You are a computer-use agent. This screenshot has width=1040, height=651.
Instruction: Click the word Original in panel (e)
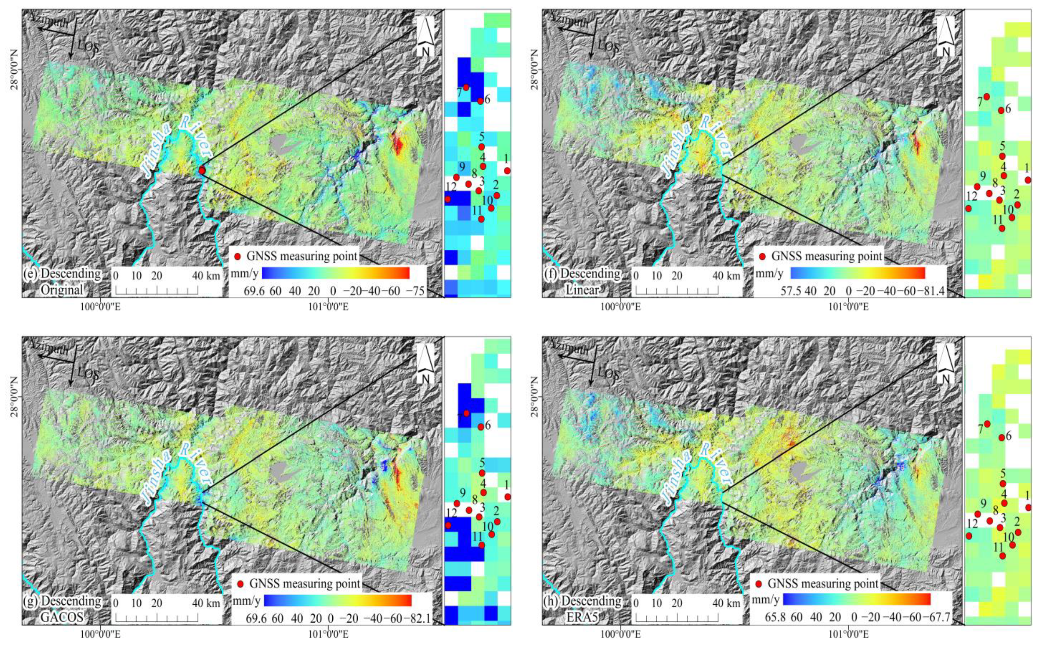(62, 290)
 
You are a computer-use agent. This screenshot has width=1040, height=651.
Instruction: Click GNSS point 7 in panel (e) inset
(466, 87)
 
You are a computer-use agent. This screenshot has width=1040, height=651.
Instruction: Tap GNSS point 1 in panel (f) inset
(1028, 180)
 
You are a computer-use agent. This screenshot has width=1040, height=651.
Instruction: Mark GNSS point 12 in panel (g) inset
(448, 525)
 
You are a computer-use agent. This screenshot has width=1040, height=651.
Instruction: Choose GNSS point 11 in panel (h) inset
(1003, 555)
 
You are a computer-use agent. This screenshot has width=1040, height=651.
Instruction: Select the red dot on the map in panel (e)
(202, 171)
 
